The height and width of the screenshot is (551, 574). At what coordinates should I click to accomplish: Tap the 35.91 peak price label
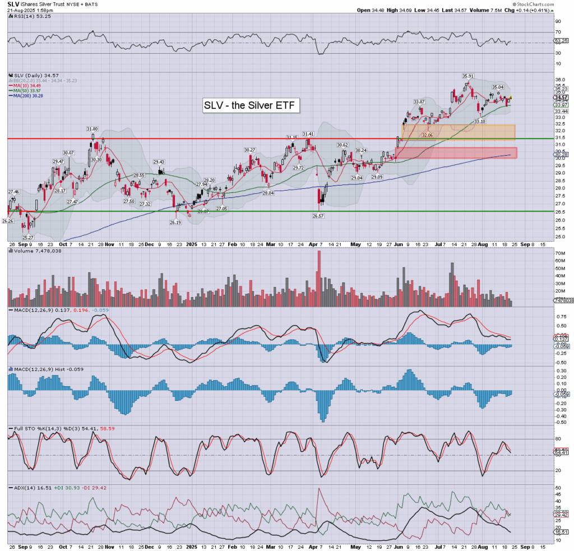468,76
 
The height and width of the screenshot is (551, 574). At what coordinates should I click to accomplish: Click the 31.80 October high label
93,129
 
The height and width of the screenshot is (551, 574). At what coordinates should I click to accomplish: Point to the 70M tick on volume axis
545,253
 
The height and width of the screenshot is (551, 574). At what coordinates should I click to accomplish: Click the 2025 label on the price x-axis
192,244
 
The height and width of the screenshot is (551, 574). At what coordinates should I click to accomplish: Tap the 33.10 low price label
479,121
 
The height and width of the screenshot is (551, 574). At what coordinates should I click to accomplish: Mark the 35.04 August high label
497,87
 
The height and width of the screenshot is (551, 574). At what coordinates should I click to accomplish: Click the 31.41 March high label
308,134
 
